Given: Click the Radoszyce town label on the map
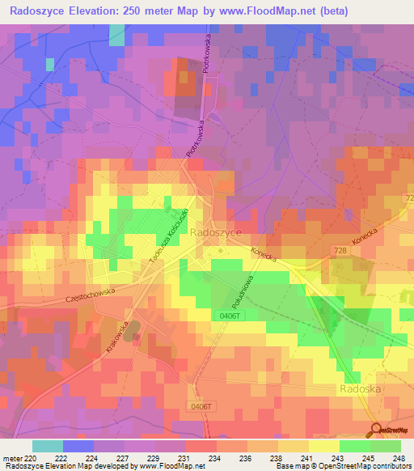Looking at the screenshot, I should click(x=215, y=231).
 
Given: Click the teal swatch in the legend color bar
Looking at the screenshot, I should click(x=48, y=446).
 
